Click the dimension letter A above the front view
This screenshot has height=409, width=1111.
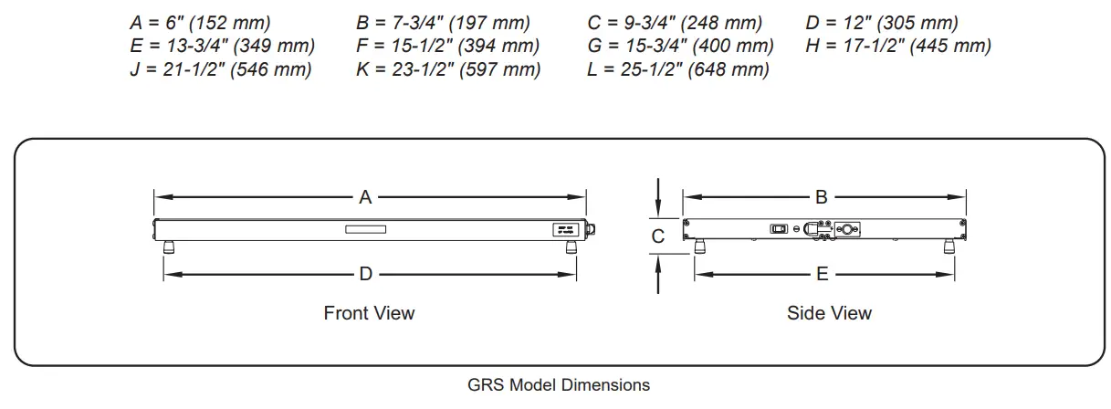point(365,196)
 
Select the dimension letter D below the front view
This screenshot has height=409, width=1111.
point(365,273)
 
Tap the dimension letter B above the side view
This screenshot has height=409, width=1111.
point(821,196)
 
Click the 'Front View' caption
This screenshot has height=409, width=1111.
point(369,313)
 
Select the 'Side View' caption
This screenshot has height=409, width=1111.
point(829,313)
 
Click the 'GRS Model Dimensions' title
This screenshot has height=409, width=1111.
point(559,384)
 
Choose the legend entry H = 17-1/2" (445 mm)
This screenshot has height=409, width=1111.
point(898,46)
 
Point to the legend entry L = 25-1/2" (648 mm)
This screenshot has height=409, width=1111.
point(678,68)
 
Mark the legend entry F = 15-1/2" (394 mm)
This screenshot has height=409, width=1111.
point(447,46)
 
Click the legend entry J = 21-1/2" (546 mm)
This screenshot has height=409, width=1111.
point(220,68)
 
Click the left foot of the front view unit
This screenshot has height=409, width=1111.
point(169,246)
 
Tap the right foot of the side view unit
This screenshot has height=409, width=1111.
point(949,246)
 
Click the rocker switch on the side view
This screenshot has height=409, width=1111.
point(779,228)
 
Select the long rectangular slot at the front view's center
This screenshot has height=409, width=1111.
point(365,229)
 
